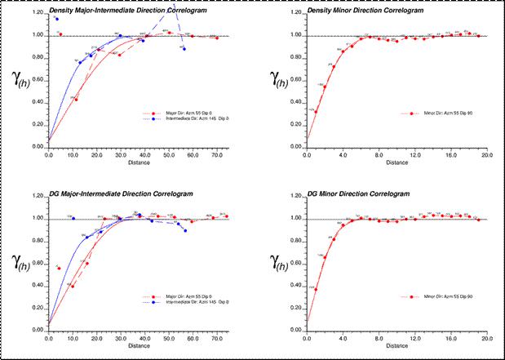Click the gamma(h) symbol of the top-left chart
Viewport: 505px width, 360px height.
click(22, 79)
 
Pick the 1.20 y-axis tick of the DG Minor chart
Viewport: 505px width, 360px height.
click(295, 197)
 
